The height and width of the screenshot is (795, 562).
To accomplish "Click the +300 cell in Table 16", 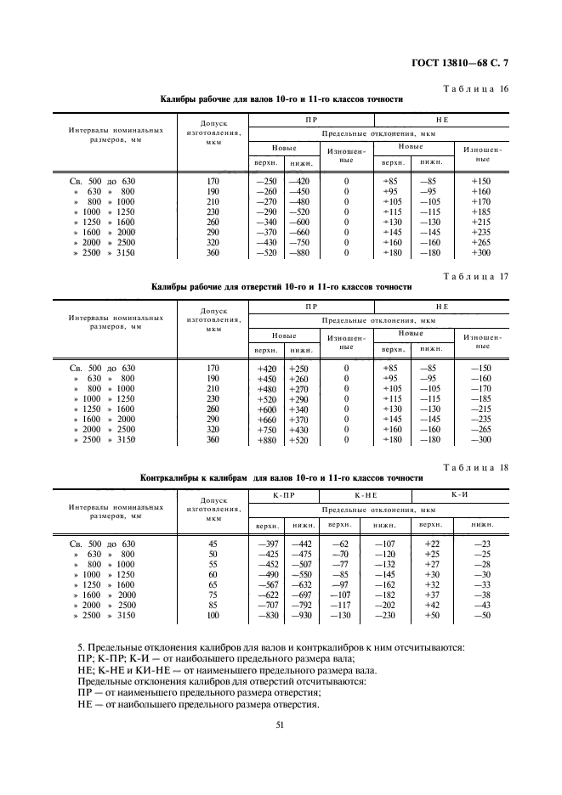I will (482, 253).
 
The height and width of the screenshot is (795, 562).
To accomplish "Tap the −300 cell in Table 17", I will (482, 440).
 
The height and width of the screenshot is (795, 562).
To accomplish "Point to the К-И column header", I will (460, 493).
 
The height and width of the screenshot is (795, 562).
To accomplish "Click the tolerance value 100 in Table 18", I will (213, 615).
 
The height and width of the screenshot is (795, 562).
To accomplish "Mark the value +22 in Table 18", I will (431, 544).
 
